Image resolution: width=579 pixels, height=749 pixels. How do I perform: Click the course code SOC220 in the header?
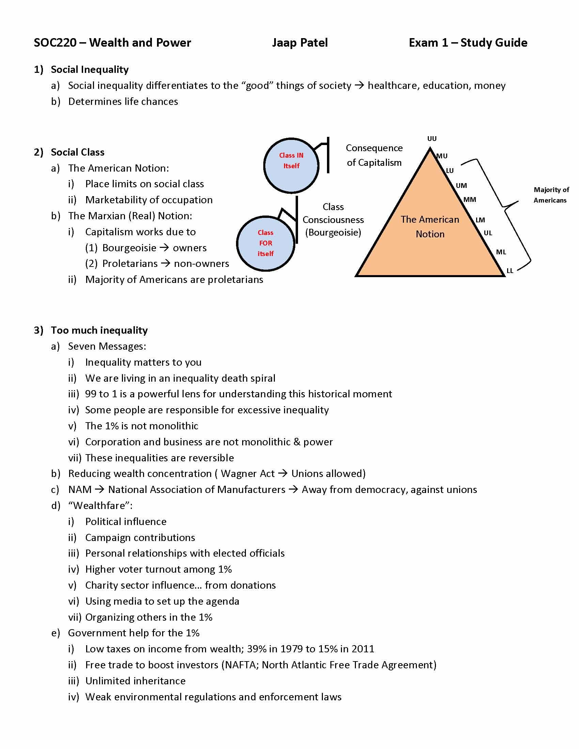55,43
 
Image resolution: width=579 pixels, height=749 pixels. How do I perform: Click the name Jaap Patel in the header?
300,43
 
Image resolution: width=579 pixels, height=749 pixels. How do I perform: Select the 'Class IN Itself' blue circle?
291,166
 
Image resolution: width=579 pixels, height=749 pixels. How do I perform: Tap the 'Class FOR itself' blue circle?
266,243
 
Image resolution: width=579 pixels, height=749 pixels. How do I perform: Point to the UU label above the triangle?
432,139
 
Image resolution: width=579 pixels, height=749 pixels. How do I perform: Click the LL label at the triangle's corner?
510,271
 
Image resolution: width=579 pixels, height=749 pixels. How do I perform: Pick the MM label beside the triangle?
470,200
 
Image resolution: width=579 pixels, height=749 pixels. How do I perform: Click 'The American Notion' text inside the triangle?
430,227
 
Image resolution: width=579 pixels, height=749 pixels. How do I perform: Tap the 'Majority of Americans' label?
551,195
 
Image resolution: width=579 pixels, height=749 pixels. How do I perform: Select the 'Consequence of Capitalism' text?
374,155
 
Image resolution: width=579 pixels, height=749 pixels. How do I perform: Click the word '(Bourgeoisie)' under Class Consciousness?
333,233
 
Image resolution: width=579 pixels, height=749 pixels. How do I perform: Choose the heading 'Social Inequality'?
90,69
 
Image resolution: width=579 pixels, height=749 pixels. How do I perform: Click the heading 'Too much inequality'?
99,330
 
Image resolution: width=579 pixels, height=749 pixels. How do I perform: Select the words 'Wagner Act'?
247,474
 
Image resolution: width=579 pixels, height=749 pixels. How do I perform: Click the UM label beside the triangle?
461,186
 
